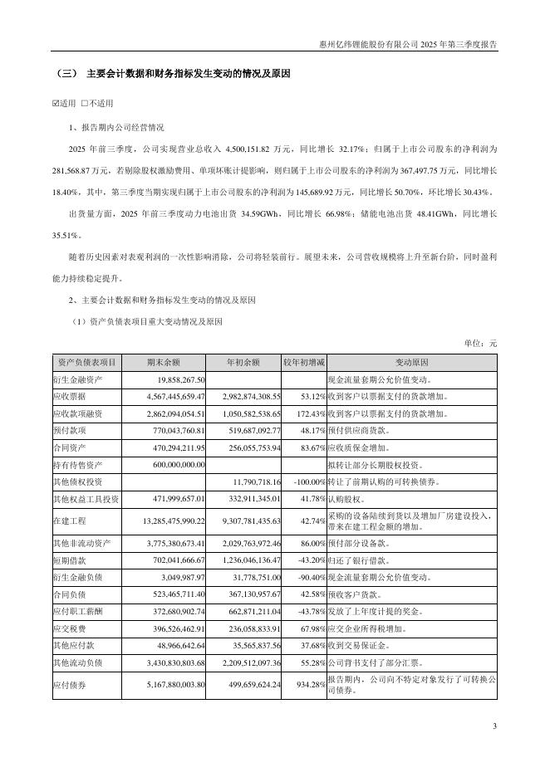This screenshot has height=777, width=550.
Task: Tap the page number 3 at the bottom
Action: pos(494,727)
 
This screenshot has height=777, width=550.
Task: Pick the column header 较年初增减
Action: pos(305,363)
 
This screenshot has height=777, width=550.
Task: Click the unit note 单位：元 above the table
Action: pos(480,342)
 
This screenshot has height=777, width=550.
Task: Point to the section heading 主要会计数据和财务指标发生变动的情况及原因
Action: pos(189,75)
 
